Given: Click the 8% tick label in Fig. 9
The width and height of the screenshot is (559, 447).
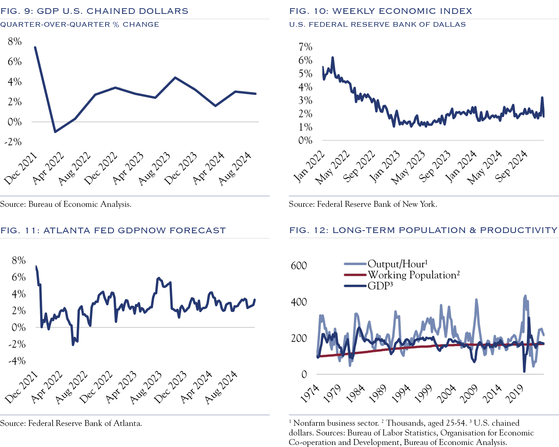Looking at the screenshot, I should click(x=14, y=41).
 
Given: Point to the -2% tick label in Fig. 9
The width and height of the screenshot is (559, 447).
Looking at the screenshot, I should click(x=13, y=142).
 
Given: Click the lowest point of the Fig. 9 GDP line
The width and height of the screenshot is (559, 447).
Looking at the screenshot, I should click(x=55, y=132).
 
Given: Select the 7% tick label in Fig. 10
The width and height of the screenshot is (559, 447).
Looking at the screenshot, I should click(x=305, y=47).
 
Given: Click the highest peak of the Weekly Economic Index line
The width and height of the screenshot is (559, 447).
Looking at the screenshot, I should click(x=332, y=58).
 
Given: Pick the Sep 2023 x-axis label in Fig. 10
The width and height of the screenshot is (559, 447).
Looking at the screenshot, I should click(x=435, y=167).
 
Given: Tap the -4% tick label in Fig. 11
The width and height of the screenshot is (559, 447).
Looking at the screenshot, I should click(x=17, y=361).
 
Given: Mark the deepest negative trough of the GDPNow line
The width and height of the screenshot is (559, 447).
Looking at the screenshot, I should click(x=73, y=345).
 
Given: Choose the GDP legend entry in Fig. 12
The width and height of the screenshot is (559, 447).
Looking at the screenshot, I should click(x=380, y=286).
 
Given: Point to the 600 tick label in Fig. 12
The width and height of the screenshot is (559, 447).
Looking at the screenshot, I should click(x=299, y=266).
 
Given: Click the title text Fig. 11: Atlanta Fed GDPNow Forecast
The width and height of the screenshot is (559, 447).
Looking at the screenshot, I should click(x=113, y=230).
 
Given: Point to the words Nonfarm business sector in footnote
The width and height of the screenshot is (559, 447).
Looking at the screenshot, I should click(x=336, y=423).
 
